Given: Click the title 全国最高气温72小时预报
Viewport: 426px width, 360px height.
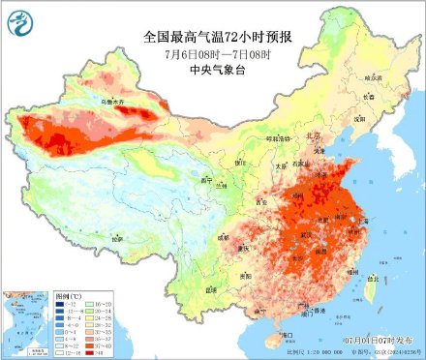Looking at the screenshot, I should (x=212, y=37).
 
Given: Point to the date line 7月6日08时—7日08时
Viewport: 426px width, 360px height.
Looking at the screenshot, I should (x=212, y=53).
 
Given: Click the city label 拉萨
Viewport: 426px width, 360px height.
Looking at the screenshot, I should (x=118, y=238).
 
